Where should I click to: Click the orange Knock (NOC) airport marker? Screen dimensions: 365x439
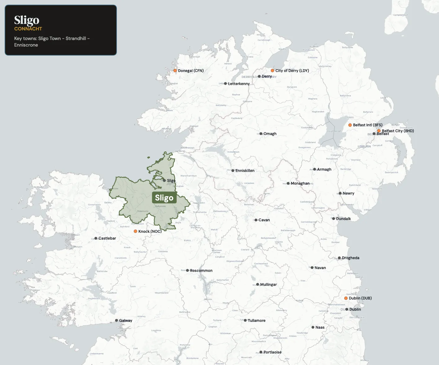click(135, 231)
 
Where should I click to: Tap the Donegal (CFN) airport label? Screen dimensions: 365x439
click(191, 71)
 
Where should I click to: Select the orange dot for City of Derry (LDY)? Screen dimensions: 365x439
click(273, 70)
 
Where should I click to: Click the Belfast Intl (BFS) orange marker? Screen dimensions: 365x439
click(350, 125)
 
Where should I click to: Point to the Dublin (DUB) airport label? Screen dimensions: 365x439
click(360, 298)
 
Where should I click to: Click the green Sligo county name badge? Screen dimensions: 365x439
click(164, 198)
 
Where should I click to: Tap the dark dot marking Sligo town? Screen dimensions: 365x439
click(164, 180)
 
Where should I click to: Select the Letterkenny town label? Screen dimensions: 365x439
click(239, 84)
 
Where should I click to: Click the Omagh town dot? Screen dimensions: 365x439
click(261, 134)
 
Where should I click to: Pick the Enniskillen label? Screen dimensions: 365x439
click(245, 171)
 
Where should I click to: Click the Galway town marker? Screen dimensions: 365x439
click(117, 321)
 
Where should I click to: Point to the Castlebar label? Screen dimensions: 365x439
click(107, 238)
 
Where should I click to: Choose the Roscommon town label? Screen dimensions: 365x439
click(201, 271)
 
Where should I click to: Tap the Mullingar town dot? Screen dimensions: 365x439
click(258, 284)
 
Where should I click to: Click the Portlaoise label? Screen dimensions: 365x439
click(272, 352)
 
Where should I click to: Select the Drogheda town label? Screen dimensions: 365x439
click(350, 258)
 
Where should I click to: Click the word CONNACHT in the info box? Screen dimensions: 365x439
click(28, 29)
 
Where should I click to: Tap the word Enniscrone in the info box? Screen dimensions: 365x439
click(26, 45)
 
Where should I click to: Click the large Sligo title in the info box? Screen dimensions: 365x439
click(27, 20)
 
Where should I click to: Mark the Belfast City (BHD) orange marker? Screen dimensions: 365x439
click(379, 131)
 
